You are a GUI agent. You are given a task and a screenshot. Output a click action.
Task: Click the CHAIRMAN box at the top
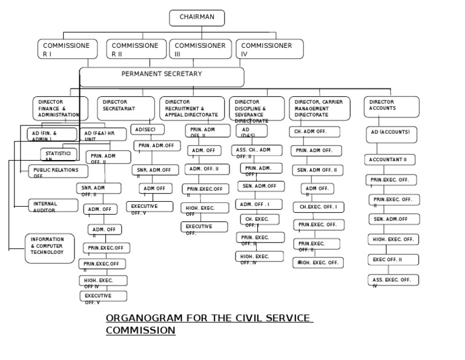tap(197, 18)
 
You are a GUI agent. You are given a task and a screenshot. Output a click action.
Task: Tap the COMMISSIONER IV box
tap(269, 49)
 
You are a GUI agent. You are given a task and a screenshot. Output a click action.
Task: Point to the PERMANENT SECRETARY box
tap(162, 77)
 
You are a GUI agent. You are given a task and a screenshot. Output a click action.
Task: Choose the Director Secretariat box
tap(125, 108)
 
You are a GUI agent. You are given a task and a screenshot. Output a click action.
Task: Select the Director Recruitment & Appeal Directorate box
tap(193, 108)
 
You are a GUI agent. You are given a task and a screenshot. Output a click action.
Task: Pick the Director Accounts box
tap(391, 108)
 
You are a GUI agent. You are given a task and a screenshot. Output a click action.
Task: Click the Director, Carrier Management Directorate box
tap(320, 108)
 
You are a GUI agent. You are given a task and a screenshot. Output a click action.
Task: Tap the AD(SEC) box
tap(147, 130)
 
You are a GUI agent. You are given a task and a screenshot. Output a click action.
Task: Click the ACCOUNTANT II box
tap(390, 159)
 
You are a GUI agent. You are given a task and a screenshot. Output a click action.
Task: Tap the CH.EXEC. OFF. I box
tap(318, 207)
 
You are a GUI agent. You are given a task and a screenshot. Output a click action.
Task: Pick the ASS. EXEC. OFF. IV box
tap(393, 280)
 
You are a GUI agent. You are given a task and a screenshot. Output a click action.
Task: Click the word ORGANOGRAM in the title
tap(143, 318)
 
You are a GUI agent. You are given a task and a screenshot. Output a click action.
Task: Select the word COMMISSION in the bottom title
tap(140, 330)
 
